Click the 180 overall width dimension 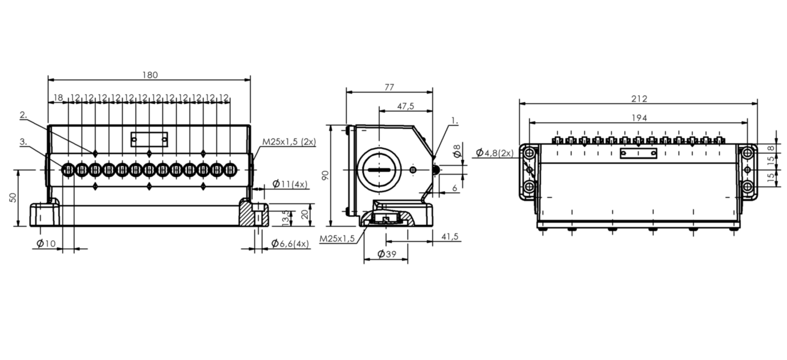tap(150, 75)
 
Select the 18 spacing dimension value tap(58, 98)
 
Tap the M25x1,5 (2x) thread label tap(289, 141)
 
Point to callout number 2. tap(23, 115)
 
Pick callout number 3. tap(23, 141)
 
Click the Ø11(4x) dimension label tap(290, 184)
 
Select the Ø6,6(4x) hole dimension tap(290, 243)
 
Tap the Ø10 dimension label tap(46, 243)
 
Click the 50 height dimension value tap(13, 197)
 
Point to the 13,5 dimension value tap(286, 218)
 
